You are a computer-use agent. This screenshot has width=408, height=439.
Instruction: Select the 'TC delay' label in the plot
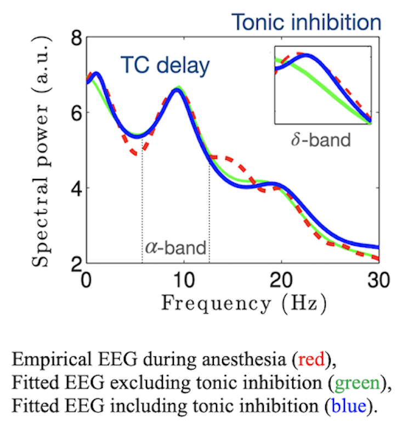[166, 66]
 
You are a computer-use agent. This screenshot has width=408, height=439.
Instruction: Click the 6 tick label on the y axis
[73, 113]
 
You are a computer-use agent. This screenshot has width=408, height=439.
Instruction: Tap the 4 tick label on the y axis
[73, 188]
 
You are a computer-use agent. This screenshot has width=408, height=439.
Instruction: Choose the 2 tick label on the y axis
[73, 262]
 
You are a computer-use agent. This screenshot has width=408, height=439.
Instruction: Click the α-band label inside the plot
[175, 247]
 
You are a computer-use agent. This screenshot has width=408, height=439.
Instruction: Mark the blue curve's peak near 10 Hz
[177, 90]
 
